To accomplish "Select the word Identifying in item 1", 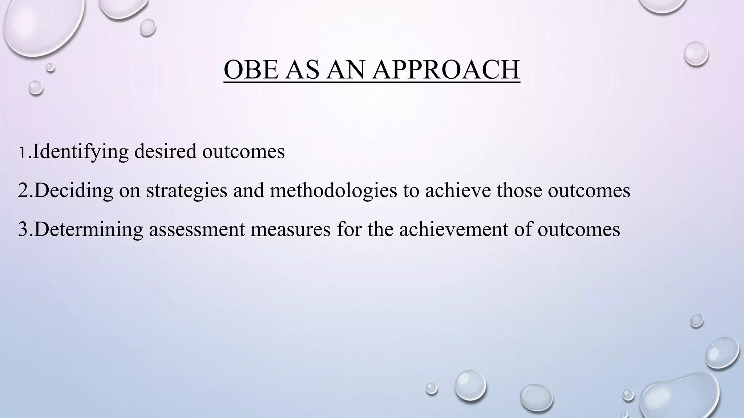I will (80, 152).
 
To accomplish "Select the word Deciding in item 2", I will (74, 190).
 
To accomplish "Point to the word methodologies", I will (333, 190).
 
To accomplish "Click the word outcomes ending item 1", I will (243, 152).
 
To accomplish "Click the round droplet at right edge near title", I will (696, 54).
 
